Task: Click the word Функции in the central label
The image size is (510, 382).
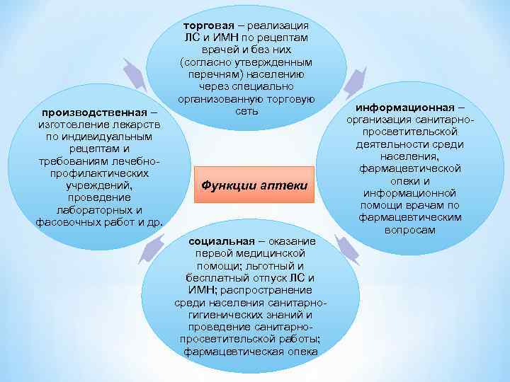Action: coord(226,185)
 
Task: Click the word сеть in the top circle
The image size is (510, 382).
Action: coord(245,112)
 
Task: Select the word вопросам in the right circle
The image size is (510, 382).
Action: coord(410,230)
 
